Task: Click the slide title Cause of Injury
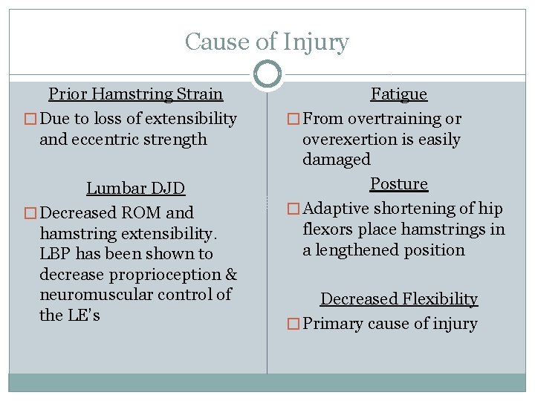267,42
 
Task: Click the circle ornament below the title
267,74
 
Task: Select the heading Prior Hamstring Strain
135,94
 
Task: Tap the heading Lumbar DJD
135,189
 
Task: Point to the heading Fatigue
399,94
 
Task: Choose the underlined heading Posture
399,184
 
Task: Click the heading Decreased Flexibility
399,299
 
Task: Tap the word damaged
336,160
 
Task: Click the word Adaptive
338,209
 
